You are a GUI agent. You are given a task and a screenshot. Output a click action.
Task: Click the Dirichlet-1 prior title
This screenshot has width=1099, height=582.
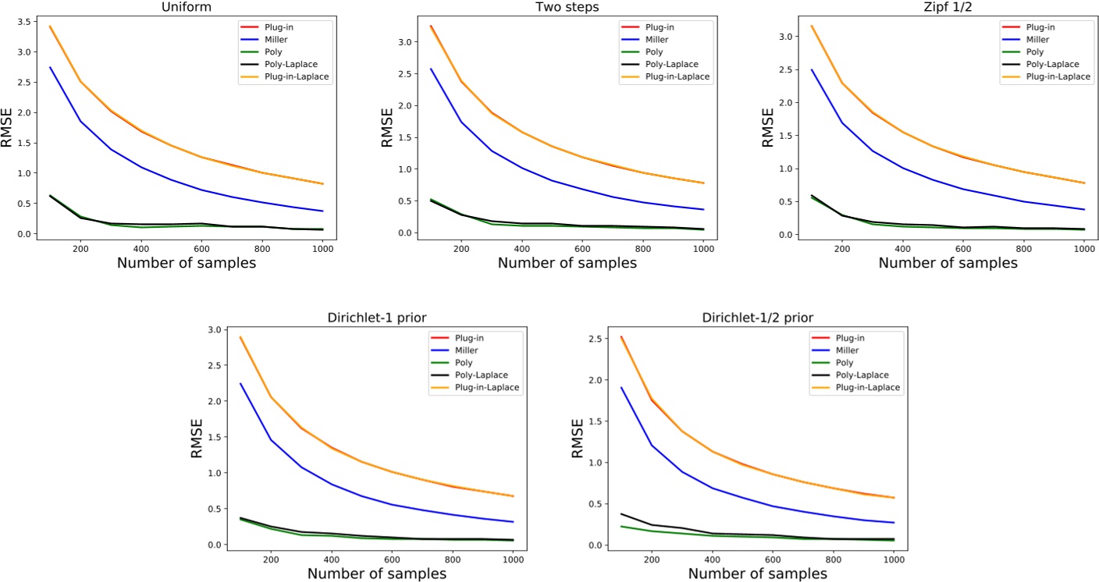point(376,318)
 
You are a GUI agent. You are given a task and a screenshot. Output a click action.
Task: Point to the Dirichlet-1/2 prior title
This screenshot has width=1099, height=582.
point(757,318)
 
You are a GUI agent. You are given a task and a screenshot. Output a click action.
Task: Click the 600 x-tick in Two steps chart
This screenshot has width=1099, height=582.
point(582,247)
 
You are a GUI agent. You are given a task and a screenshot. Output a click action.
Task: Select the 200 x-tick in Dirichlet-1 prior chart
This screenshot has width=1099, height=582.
point(270,559)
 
